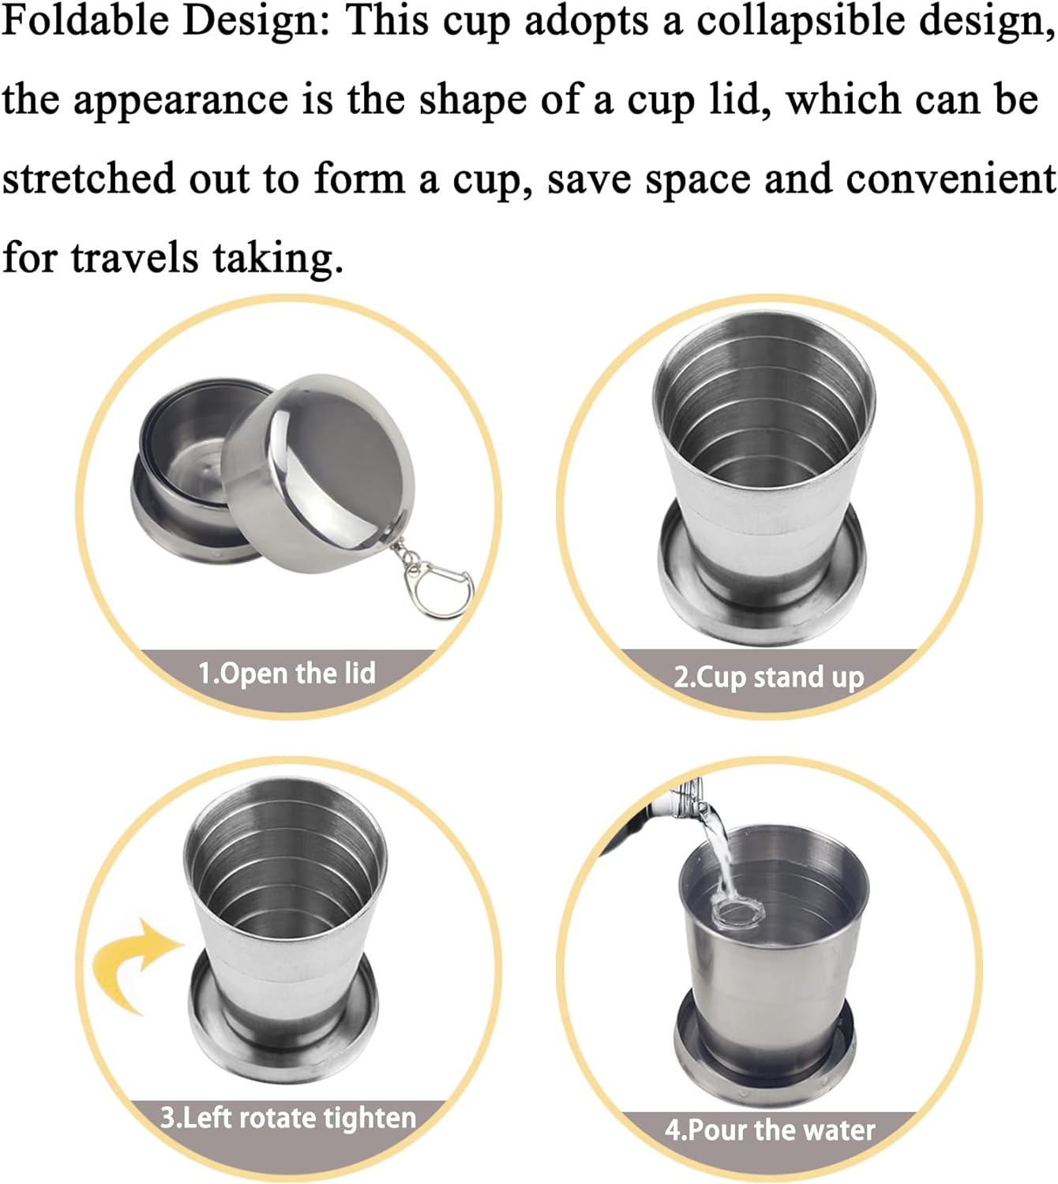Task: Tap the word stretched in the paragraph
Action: tap(88, 179)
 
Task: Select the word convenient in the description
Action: tap(951, 179)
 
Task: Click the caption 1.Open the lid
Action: tap(287, 673)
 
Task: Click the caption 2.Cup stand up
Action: tap(768, 677)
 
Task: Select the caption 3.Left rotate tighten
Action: tap(288, 1118)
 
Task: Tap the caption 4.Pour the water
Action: tap(770, 1130)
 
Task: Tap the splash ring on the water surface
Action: tap(737, 915)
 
